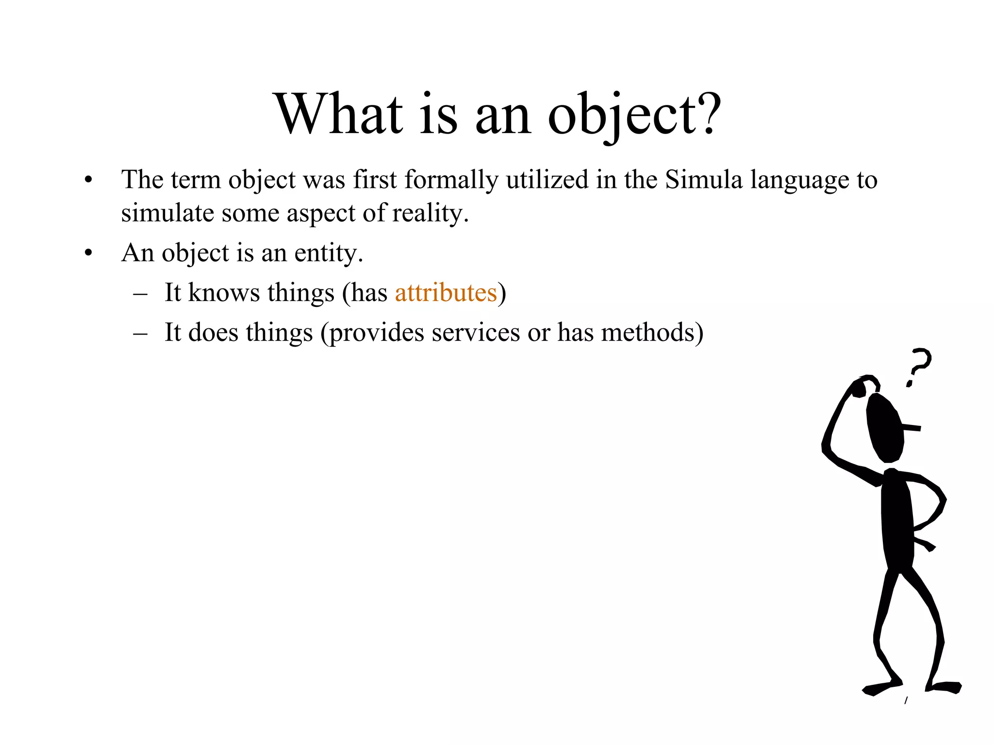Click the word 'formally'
(x=451, y=180)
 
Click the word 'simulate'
(x=167, y=213)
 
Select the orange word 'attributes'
(x=446, y=292)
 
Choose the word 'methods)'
(x=652, y=333)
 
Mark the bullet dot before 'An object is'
(x=88, y=253)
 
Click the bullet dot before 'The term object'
(x=88, y=180)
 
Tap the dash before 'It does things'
(x=140, y=334)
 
